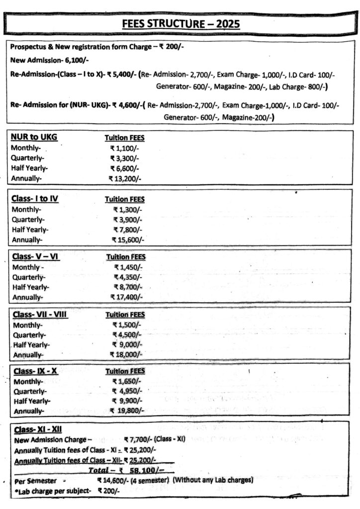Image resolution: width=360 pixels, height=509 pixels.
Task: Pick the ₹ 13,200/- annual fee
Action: (x=125, y=178)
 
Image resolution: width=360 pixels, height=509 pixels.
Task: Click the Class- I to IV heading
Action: (x=35, y=199)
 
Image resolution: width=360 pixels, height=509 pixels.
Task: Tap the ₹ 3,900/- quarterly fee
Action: (x=127, y=219)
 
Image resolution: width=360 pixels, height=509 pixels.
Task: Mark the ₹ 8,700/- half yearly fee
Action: (x=128, y=287)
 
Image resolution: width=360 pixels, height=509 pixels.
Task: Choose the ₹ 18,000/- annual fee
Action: (x=126, y=354)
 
